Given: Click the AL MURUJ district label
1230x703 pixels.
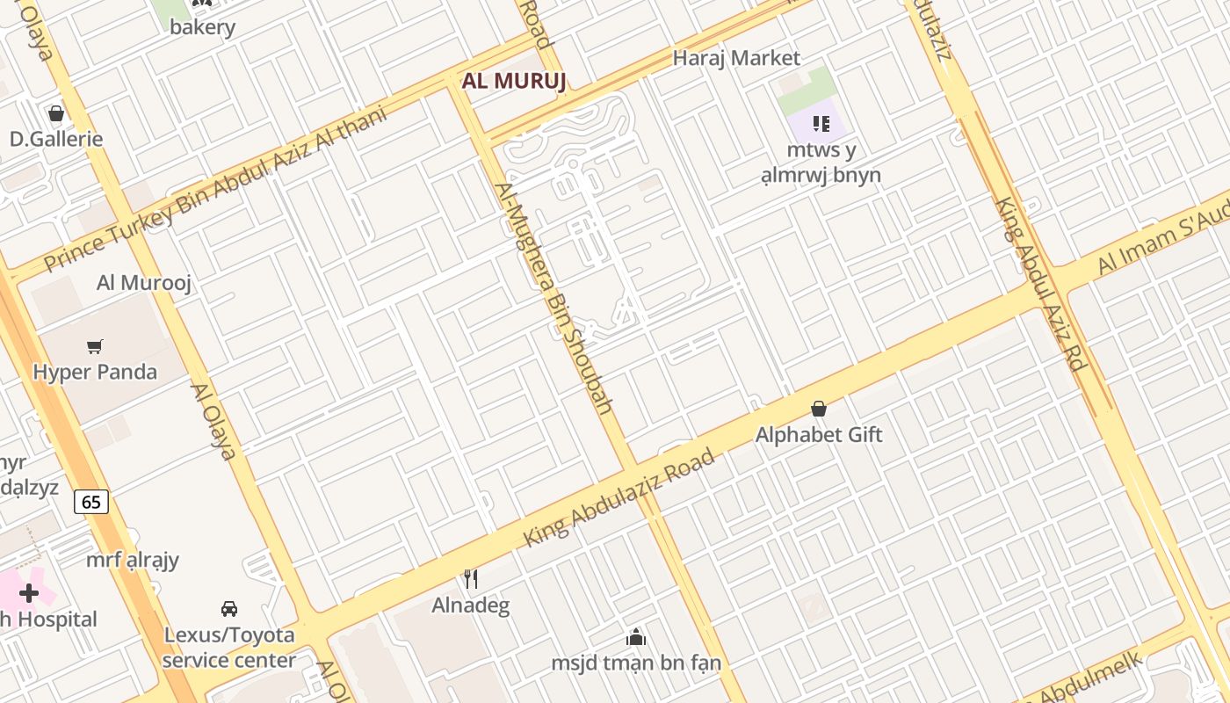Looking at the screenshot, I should (514, 82).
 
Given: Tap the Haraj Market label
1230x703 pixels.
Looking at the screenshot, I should (736, 58).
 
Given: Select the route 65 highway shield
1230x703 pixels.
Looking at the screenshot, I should (91, 502).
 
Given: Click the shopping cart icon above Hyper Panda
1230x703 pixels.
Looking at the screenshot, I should (95, 347).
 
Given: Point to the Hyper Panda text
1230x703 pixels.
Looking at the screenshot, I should (95, 372).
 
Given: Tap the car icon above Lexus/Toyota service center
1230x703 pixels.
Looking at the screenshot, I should (229, 608).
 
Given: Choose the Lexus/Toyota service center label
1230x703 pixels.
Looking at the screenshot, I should (229, 647).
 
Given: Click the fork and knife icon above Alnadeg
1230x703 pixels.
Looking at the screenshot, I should (471, 579).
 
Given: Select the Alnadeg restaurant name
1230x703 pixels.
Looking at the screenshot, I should (471, 605).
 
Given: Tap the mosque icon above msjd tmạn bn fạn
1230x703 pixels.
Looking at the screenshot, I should (635, 637).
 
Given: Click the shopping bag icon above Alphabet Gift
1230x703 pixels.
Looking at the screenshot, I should (818, 409).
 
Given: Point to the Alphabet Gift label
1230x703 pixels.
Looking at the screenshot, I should (819, 435).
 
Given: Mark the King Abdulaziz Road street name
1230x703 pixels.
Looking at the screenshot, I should (619, 497).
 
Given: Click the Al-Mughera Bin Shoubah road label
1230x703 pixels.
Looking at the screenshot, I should (553, 299).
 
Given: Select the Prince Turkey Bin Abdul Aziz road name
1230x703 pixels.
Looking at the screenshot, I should (215, 189).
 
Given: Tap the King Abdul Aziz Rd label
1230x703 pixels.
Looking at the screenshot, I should (1038, 283).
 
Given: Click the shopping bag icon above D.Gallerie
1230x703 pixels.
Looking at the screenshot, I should (56, 113).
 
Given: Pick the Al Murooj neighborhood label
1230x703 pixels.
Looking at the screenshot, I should (144, 283).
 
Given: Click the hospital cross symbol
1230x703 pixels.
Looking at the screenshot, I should (29, 593).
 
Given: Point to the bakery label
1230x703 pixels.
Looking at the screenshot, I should (203, 27).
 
